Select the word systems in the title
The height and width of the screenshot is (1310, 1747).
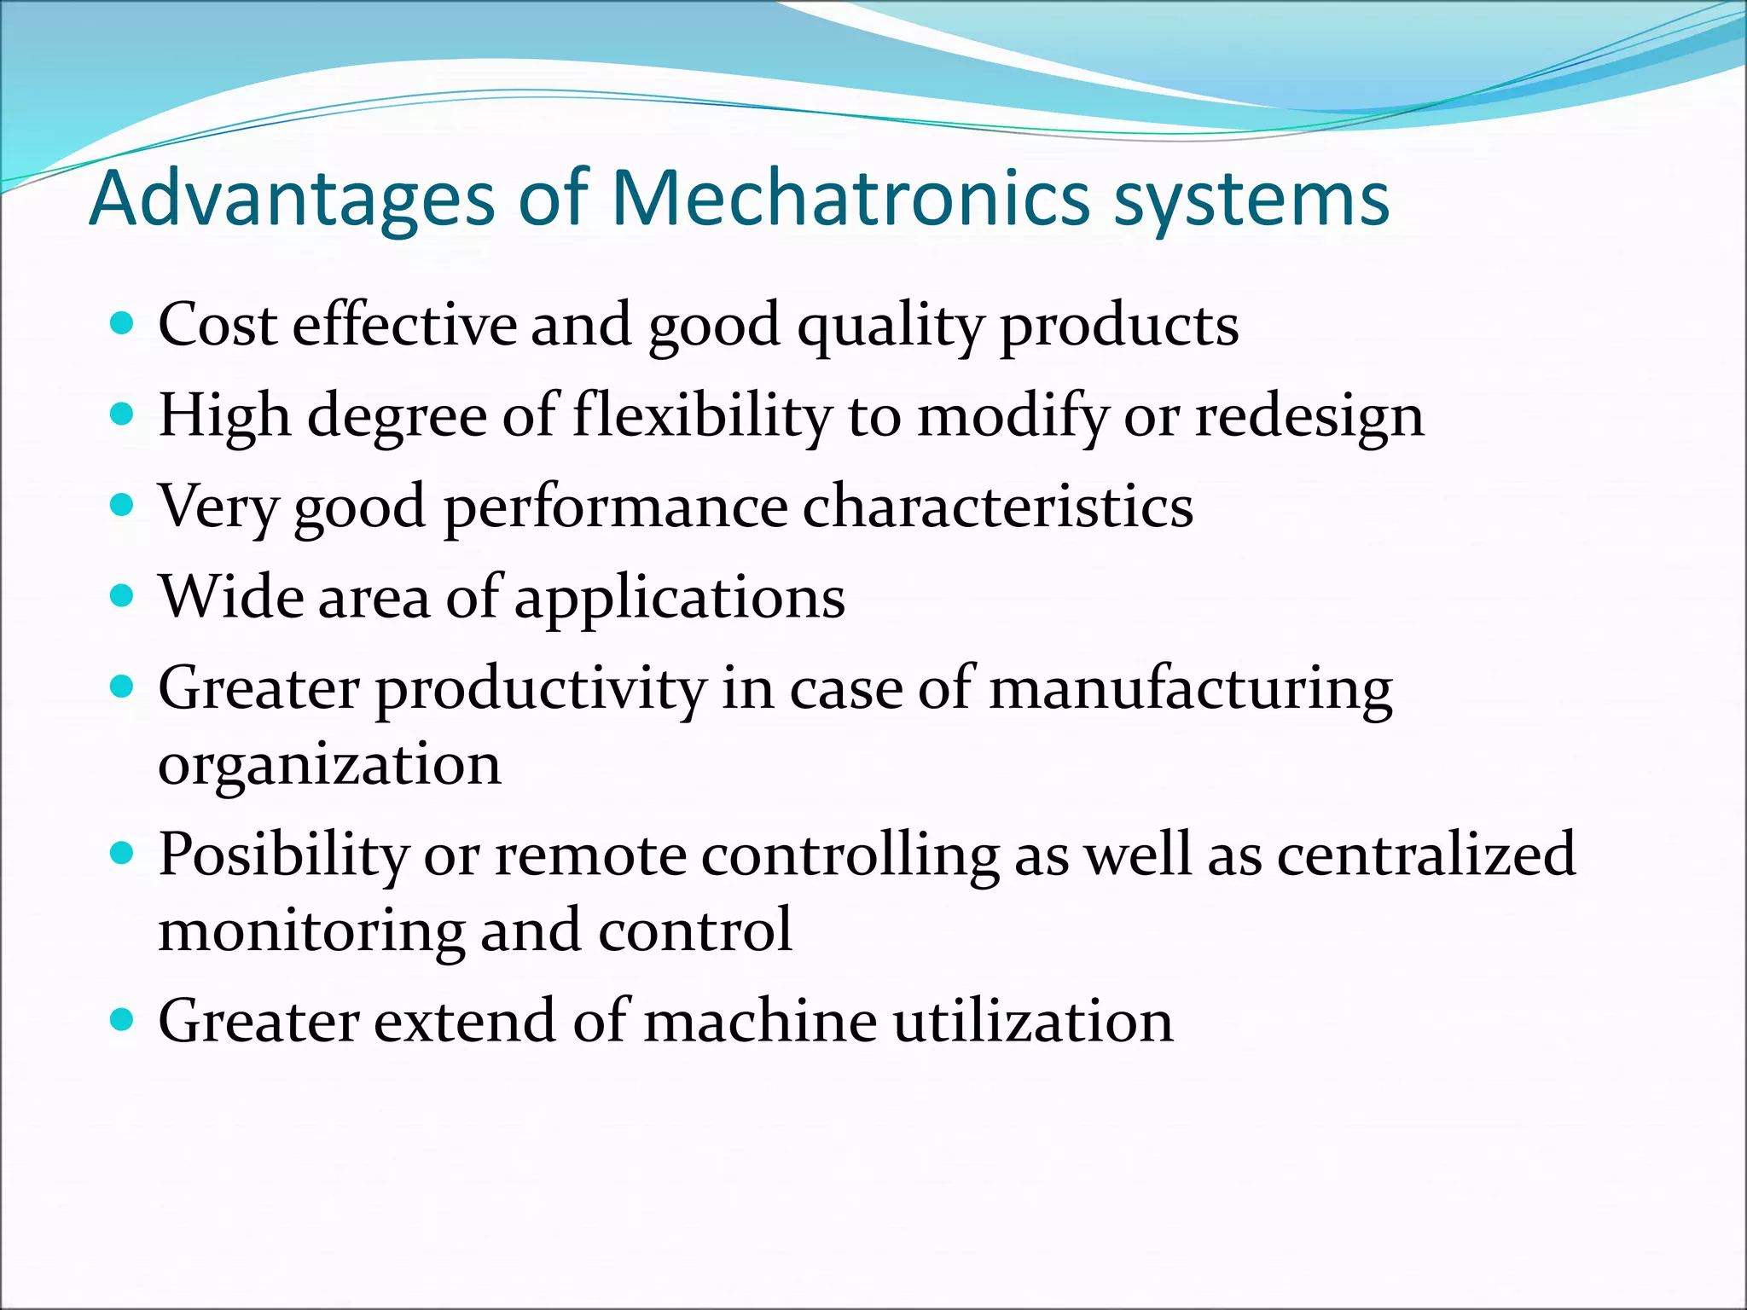pyautogui.click(x=1251, y=202)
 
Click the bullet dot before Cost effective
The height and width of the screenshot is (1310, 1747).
pyautogui.click(x=123, y=324)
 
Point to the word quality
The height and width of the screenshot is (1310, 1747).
pyautogui.click(x=890, y=327)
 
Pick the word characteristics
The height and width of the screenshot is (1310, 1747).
pyautogui.click(x=997, y=507)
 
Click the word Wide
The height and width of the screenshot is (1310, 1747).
pyautogui.click(x=230, y=596)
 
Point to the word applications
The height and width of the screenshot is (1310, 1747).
pyautogui.click(x=680, y=600)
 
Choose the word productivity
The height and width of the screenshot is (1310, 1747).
pyautogui.click(x=541, y=690)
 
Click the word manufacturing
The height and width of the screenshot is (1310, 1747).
pyautogui.click(x=1191, y=690)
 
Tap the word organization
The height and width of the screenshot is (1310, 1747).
pyautogui.click(x=329, y=766)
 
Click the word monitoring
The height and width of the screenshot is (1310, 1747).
pyautogui.click(x=311, y=931)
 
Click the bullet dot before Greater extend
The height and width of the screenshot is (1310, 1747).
pyautogui.click(x=123, y=1018)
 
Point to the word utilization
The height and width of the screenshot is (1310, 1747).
pyautogui.click(x=1033, y=1021)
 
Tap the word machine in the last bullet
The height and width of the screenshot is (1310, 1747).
pyautogui.click(x=760, y=1021)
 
